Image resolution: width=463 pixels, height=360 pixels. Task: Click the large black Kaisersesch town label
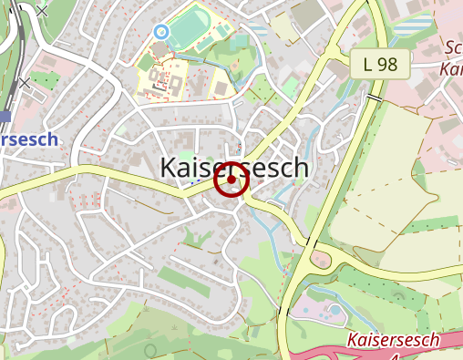[x=234, y=169]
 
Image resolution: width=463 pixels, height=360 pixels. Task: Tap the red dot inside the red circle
[x=231, y=180]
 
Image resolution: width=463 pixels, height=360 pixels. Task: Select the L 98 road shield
[x=380, y=64]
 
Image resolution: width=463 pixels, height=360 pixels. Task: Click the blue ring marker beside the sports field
[x=161, y=32]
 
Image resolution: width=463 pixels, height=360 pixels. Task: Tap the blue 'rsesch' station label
[x=27, y=139]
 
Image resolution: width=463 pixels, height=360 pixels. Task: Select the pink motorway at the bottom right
[x=383, y=352]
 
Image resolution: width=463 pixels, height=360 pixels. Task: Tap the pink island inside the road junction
[x=322, y=262]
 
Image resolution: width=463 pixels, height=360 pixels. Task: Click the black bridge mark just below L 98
[x=374, y=96]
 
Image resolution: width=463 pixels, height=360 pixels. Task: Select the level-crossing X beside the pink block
[x=24, y=83]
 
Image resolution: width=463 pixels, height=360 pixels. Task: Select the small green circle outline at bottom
[x=151, y=351]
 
